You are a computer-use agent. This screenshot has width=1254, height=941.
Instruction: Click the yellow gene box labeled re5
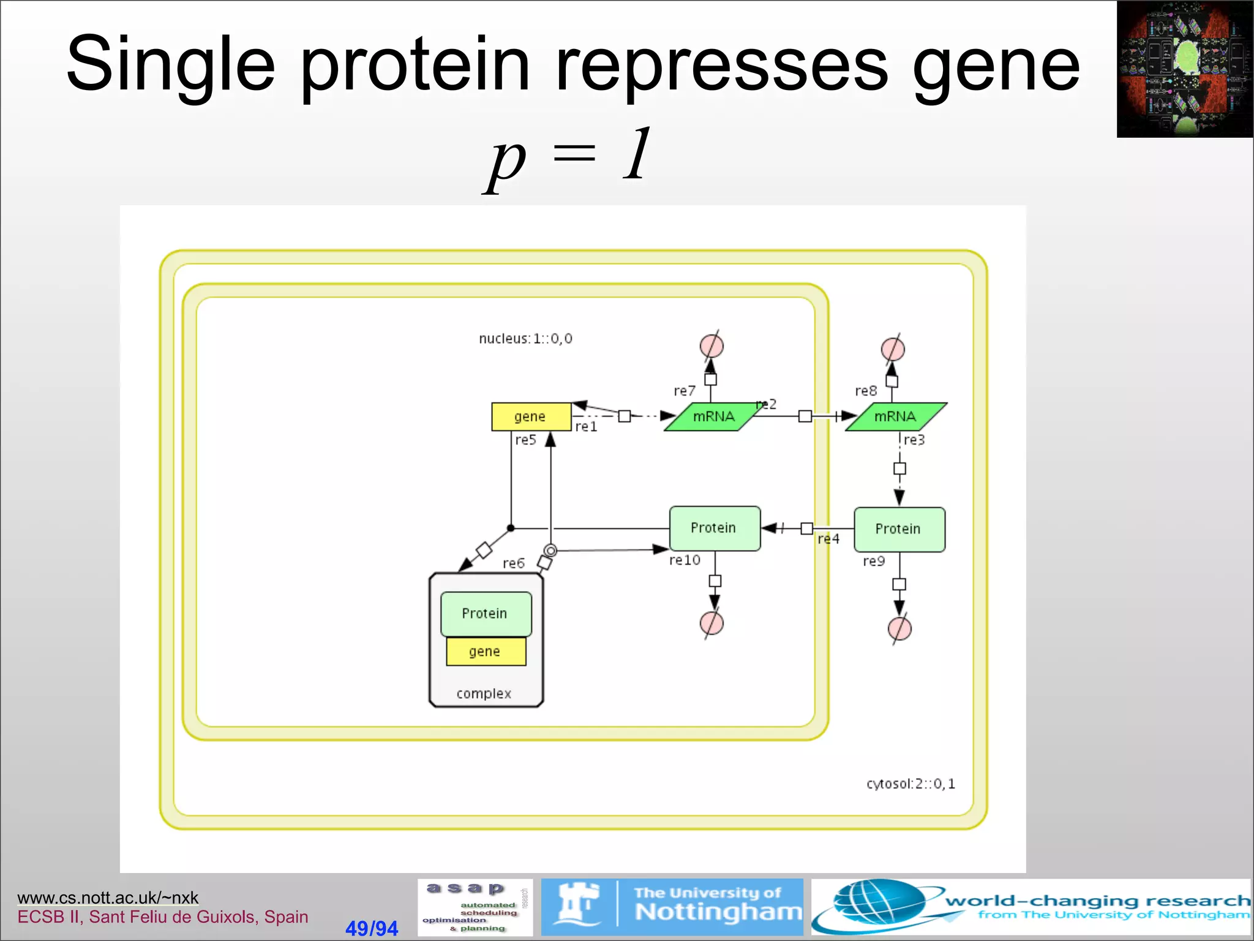531,417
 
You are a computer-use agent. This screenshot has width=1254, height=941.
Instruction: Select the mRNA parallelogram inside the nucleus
713,417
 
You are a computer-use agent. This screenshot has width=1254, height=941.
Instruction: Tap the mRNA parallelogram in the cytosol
895,417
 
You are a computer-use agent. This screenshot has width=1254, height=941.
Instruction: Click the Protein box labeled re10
715,528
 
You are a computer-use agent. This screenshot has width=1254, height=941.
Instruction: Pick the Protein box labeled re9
899,529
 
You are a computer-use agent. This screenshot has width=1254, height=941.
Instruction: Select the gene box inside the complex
486,652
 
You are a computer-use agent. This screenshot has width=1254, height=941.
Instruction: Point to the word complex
484,693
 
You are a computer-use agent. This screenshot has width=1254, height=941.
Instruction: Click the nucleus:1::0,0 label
525,339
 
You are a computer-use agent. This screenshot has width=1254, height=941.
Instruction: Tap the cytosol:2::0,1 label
910,784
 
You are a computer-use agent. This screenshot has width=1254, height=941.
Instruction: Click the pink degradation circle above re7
711,346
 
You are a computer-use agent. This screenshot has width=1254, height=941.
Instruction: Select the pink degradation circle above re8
893,349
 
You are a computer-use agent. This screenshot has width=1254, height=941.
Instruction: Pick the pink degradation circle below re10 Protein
711,624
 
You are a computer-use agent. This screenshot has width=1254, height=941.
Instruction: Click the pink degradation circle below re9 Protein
899,629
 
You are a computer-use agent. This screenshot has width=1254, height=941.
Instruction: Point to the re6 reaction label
514,564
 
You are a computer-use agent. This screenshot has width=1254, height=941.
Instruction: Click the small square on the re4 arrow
807,528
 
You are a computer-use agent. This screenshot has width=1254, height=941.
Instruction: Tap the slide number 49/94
372,928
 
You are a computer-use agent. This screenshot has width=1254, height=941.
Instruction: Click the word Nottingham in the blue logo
718,912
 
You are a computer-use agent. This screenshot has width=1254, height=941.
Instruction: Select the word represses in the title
721,64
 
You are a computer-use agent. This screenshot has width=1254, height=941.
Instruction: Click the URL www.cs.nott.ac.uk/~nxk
108,898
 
